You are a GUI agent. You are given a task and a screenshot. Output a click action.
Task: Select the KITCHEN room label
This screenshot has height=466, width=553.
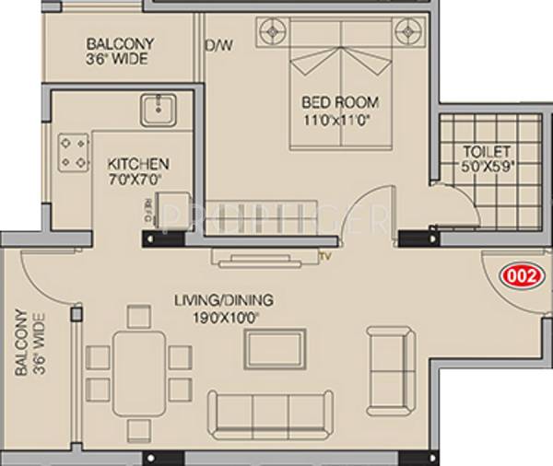click(x=136, y=165)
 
